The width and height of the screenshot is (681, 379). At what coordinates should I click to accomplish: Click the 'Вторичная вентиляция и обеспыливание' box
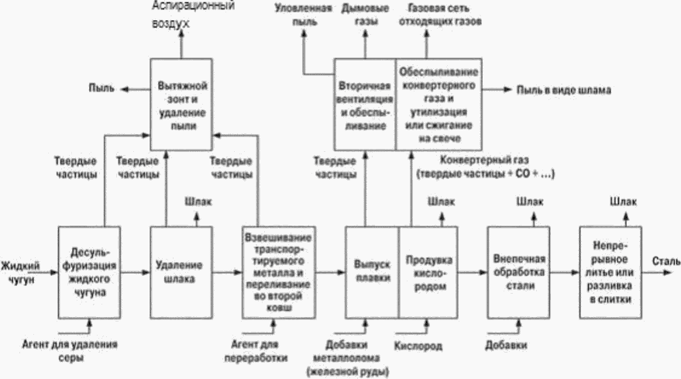pyautogui.click(x=364, y=104)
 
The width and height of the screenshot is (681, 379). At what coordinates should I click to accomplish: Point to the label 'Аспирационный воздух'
pyautogui.click(x=183, y=15)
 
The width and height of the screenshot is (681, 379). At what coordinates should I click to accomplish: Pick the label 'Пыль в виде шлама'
pyautogui.click(x=564, y=91)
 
